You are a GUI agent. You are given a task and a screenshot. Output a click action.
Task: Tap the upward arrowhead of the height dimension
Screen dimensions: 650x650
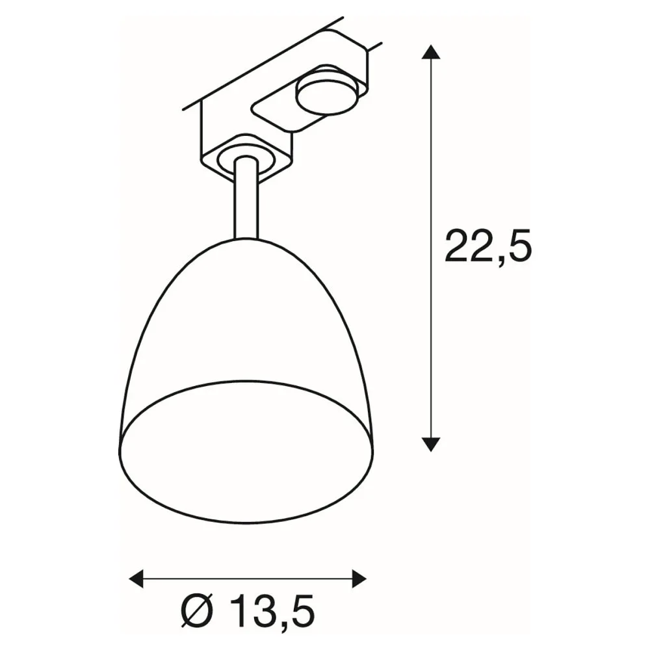431,52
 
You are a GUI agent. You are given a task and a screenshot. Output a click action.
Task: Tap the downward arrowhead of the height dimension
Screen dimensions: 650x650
431,444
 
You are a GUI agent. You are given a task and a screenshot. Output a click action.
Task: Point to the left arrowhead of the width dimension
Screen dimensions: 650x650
136,578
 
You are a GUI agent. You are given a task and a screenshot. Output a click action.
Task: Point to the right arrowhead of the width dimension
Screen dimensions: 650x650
359,578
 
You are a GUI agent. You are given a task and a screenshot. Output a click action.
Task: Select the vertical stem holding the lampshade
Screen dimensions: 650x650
246,198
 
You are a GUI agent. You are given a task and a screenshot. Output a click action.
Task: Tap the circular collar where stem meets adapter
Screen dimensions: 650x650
246,161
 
